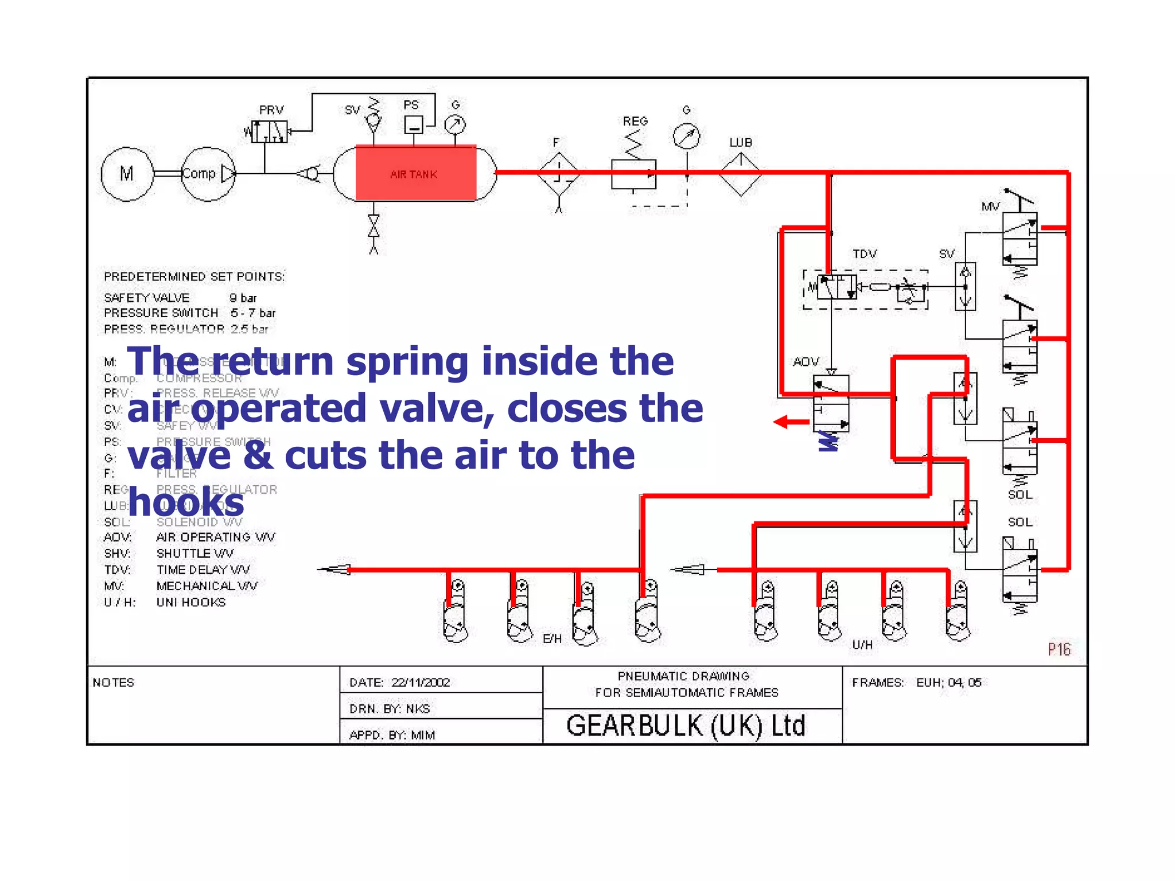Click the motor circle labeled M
127,174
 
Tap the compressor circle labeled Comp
208,174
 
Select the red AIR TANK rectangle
415,173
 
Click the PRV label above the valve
271,110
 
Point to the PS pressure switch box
413,124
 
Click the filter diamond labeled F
559,173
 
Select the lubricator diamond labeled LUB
741,173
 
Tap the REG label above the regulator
635,121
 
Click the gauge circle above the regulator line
687,136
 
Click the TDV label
865,254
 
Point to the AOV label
806,362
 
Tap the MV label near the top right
990,206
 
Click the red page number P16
1059,649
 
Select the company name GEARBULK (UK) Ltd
686,726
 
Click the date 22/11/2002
421,683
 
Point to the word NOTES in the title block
114,683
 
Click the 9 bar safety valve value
243,298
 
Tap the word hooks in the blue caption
186,502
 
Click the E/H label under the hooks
552,638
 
